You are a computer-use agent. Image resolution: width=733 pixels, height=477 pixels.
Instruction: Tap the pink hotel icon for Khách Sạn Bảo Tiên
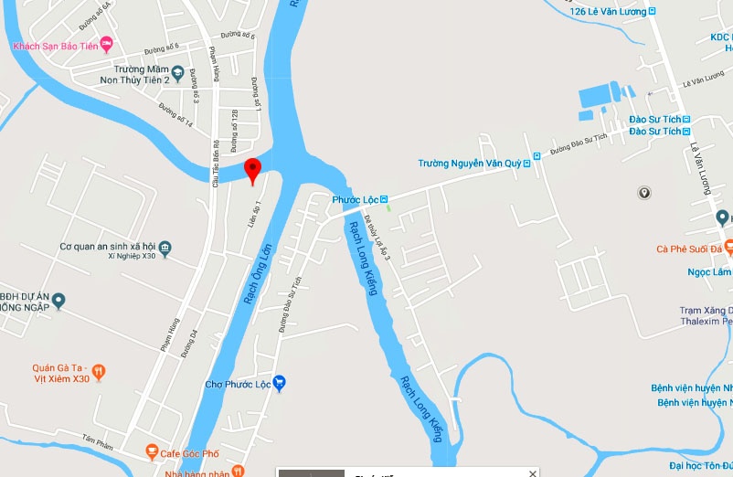[106, 44]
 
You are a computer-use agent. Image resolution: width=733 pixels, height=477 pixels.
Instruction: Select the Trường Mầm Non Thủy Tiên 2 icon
[178, 74]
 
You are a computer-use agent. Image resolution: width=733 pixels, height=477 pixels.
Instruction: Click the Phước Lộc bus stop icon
[385, 199]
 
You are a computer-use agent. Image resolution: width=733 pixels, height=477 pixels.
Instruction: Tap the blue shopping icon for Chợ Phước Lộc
[280, 384]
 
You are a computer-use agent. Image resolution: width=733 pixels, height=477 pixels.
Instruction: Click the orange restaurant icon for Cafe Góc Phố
[151, 452]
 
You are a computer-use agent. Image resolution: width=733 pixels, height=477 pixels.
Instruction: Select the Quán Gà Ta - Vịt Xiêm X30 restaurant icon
[100, 372]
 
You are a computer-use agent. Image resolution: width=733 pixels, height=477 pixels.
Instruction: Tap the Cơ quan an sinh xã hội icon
[165, 247]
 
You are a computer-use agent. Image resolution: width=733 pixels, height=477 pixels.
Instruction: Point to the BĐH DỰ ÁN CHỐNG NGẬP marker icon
[58, 300]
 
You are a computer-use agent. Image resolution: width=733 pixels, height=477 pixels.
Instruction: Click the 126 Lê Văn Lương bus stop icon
[653, 11]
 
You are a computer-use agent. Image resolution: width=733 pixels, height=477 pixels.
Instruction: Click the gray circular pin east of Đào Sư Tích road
[645, 193]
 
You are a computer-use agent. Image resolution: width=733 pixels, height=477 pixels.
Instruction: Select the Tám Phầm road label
[97, 445]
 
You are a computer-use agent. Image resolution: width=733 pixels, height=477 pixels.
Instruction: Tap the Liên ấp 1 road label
[255, 214]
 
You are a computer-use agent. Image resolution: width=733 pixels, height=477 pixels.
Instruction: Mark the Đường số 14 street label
[175, 114]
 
